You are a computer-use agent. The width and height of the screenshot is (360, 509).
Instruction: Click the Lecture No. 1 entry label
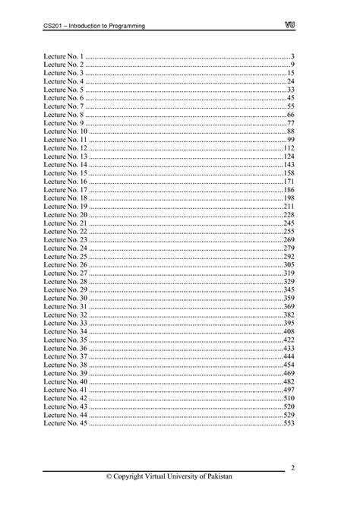coord(64,57)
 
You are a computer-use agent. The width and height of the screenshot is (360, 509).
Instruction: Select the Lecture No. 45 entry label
coord(66,424)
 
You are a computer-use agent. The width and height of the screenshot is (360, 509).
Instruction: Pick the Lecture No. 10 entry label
coord(66,132)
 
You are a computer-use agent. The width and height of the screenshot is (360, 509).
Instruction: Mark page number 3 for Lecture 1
coord(292,57)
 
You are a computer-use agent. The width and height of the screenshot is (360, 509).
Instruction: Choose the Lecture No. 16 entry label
coord(66,182)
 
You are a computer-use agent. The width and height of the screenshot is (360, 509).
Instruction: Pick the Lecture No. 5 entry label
coord(64,90)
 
